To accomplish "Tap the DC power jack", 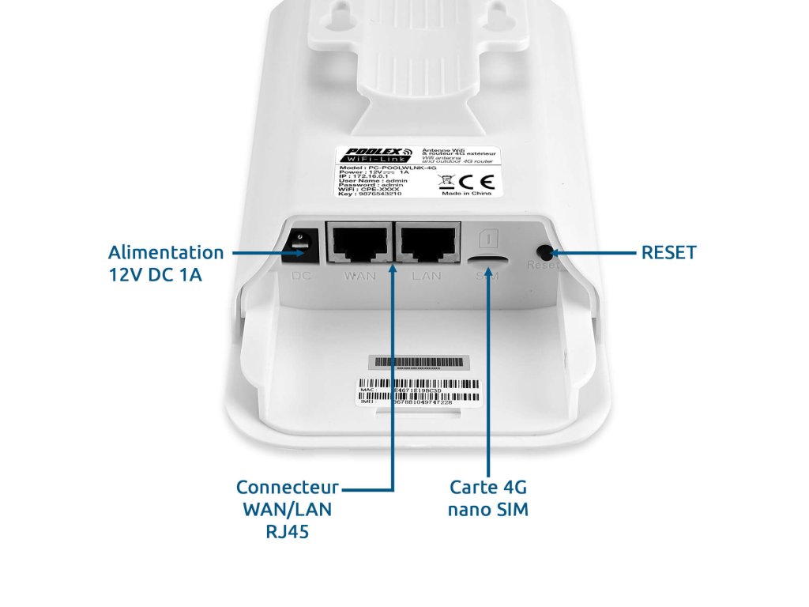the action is [301, 246].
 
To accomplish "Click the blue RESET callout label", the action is [668, 253].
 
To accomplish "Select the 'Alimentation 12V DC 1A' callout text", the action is [166, 265].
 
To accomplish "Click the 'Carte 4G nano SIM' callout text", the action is [488, 498].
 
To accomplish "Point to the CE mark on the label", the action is [481, 179].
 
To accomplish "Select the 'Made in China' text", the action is [467, 193].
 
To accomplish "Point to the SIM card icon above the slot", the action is [487, 236].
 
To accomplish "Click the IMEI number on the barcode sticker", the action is [423, 402].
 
